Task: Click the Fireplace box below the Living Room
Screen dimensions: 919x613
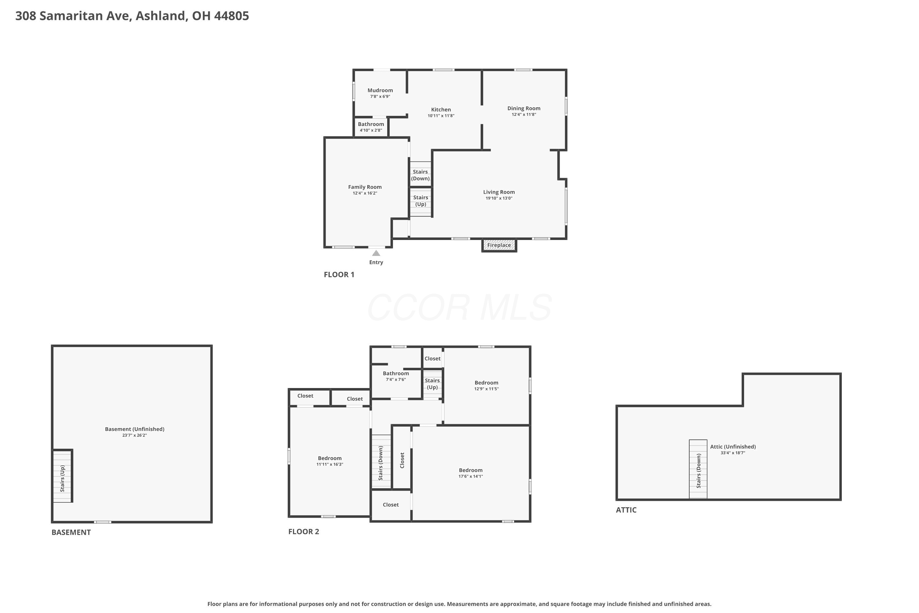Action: pyautogui.click(x=499, y=245)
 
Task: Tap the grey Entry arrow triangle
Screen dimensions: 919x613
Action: pyautogui.click(x=376, y=253)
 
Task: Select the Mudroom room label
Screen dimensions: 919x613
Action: pyautogui.click(x=380, y=90)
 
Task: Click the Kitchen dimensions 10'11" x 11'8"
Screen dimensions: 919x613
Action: pyautogui.click(x=441, y=116)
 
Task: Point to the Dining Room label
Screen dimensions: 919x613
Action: pyautogui.click(x=524, y=108)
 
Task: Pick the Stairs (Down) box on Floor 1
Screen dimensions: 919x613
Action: pyautogui.click(x=420, y=174)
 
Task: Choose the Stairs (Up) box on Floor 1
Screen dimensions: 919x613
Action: pyautogui.click(x=420, y=202)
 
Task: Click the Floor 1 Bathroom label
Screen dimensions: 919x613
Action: pyautogui.click(x=371, y=124)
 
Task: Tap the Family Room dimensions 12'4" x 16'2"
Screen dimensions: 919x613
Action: pyautogui.click(x=365, y=193)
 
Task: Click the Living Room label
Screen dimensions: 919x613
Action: pyautogui.click(x=499, y=192)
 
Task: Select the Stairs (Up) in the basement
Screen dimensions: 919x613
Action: pyautogui.click(x=62, y=477)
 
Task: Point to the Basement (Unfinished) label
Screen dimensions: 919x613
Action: pyautogui.click(x=134, y=429)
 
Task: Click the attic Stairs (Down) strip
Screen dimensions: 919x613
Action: pyautogui.click(x=698, y=469)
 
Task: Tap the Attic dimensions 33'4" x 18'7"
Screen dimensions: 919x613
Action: pyautogui.click(x=733, y=453)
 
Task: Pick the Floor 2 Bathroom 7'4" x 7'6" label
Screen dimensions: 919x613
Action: pyautogui.click(x=396, y=376)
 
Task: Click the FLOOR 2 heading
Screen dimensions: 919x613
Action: pyautogui.click(x=304, y=532)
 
